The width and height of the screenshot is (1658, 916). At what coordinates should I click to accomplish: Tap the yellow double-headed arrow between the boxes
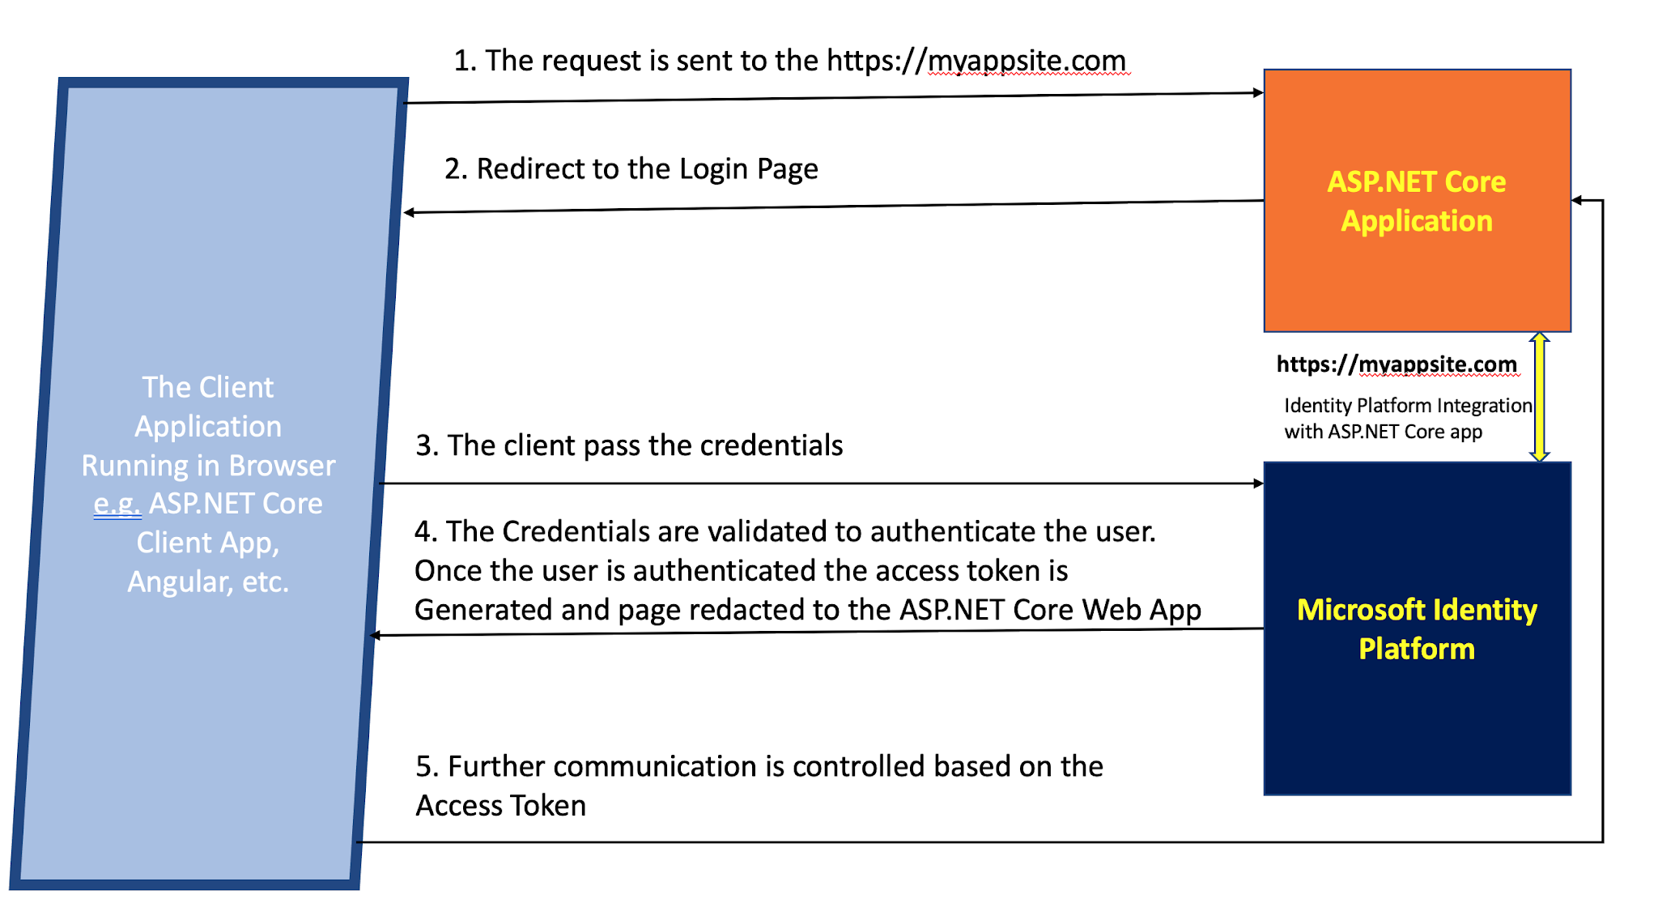(1540, 397)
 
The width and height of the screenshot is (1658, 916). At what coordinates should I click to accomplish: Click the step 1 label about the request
(789, 61)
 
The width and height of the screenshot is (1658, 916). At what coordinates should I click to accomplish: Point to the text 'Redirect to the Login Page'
(647, 168)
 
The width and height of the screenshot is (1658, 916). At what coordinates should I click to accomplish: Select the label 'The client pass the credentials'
(629, 445)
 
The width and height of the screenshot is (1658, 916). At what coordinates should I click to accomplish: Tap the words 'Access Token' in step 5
(500, 806)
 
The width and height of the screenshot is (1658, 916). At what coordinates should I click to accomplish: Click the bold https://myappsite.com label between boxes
(1397, 364)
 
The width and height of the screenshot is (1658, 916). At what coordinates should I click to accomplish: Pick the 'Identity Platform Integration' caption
(1408, 406)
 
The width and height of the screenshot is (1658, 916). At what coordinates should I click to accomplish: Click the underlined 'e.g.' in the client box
(117, 504)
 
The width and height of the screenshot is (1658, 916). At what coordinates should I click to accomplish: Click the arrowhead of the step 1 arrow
(1258, 93)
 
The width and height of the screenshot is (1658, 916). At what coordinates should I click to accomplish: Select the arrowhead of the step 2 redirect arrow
(410, 212)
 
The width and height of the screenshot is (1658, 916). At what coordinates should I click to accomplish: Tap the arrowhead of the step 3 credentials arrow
(1258, 484)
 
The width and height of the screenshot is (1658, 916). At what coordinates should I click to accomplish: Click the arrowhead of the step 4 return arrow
(376, 635)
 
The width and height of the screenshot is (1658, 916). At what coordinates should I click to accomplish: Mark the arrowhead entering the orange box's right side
(1577, 200)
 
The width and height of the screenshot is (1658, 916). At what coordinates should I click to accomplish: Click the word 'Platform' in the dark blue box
(1417, 650)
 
